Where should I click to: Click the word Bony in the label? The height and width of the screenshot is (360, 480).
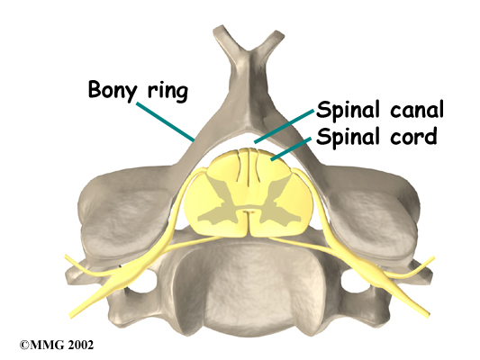[113, 91]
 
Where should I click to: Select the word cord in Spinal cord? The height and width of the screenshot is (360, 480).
[413, 136]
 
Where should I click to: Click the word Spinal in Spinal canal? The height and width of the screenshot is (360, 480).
[348, 110]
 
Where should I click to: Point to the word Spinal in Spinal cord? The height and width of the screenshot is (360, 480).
[348, 137]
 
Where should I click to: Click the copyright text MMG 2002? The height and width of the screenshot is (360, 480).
[57, 345]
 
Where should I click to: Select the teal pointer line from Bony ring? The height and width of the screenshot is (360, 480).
[166, 122]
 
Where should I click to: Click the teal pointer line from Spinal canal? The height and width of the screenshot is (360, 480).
[285, 126]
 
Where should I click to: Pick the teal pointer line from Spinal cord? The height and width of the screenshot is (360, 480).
[291, 148]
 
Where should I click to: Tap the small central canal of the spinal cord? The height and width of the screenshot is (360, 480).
[249, 211]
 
